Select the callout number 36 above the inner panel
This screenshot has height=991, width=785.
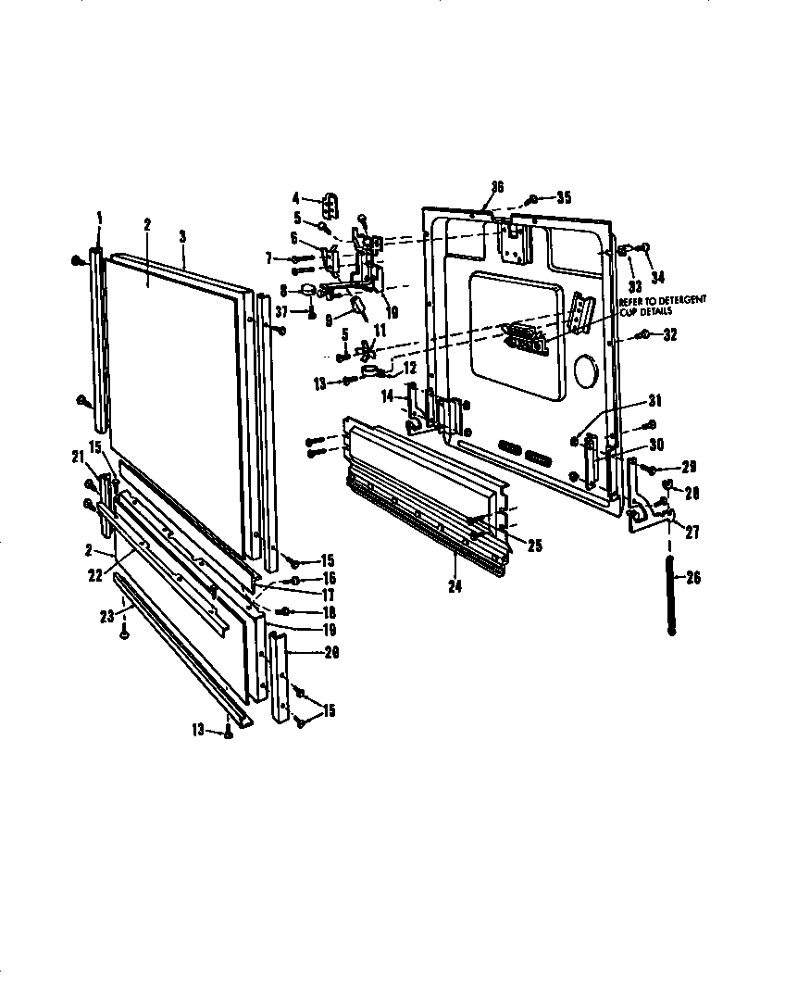[496, 187]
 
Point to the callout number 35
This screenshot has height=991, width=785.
[563, 197]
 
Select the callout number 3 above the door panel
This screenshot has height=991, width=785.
[182, 236]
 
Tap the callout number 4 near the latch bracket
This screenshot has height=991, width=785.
[296, 197]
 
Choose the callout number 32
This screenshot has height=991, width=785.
[669, 335]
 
